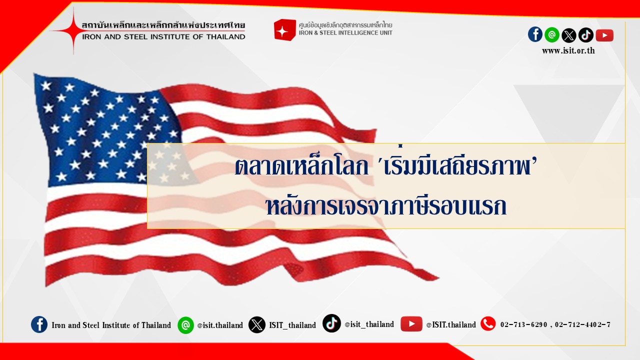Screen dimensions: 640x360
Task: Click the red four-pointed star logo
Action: pos(73,30)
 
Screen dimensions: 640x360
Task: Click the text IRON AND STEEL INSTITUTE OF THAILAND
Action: pos(163,37)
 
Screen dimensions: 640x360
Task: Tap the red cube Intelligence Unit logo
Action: pos(284,30)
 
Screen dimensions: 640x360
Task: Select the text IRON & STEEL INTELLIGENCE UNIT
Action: pos(345,33)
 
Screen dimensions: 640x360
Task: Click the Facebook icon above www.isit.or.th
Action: pos(535,34)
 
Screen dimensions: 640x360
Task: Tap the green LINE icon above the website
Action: pos(552,35)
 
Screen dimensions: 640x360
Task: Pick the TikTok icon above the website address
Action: pos(585,35)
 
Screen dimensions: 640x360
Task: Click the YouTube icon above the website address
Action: pos(604,35)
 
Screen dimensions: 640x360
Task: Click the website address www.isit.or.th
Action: pos(568,50)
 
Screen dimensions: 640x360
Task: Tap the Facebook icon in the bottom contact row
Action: pos(39,324)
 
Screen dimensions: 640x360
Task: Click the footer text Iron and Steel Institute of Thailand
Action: pos(111,325)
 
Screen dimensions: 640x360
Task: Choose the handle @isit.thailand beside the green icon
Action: pos(220,325)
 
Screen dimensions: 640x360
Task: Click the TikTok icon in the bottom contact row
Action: pos(331,323)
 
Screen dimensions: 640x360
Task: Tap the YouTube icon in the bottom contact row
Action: pos(411,324)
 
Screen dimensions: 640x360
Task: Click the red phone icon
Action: pos(488,323)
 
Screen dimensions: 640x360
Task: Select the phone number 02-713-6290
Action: pos(523,324)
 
